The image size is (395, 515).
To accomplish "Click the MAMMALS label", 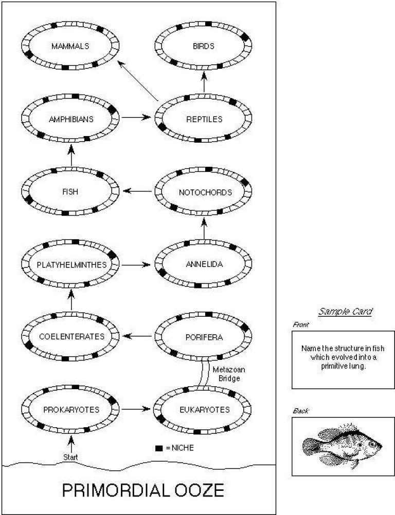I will [70, 46].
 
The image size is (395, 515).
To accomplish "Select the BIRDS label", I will [204, 46].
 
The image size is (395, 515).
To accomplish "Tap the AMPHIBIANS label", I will [70, 119].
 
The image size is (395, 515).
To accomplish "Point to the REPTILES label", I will [204, 119].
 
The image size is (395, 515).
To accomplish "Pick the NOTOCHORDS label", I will [205, 192].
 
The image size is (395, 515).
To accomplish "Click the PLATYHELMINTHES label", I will [71, 265].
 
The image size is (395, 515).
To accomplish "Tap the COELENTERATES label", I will [71, 337].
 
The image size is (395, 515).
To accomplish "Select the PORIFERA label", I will [203, 337].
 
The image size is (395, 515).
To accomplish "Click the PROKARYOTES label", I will [71, 409].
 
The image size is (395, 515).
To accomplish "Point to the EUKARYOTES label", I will [205, 409].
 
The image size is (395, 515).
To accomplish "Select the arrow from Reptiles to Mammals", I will [137, 80].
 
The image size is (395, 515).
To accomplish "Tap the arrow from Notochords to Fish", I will [137, 192].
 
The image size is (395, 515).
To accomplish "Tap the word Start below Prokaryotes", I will [71, 456].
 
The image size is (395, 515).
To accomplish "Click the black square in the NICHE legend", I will [159, 448].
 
